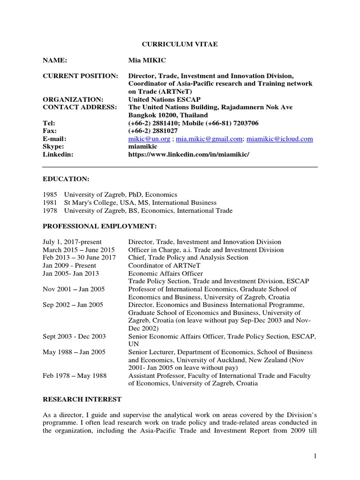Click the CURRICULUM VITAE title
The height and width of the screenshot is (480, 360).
(180, 44)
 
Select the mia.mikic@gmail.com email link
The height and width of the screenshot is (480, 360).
(210, 139)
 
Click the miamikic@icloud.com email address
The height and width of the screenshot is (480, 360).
(280, 139)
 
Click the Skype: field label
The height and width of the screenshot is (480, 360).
(54, 147)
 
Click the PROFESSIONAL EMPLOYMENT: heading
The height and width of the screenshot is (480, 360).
(99, 226)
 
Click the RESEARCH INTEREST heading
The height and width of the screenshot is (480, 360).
(82, 399)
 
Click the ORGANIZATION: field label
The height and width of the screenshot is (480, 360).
(73, 99)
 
